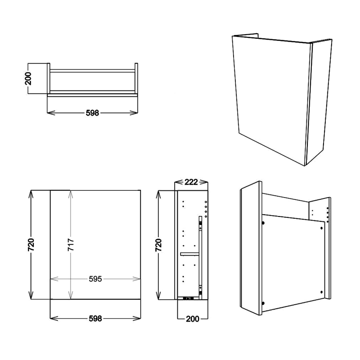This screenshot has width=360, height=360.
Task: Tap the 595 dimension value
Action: click(95, 279)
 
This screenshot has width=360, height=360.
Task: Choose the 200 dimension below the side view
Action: click(193, 319)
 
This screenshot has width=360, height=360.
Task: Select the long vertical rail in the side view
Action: click(200, 254)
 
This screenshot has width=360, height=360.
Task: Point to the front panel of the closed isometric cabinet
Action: click(270, 99)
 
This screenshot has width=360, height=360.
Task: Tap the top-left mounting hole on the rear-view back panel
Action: click(262, 222)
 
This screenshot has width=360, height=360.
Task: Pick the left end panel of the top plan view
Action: click(49, 78)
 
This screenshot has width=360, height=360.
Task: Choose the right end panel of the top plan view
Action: click(136, 78)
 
